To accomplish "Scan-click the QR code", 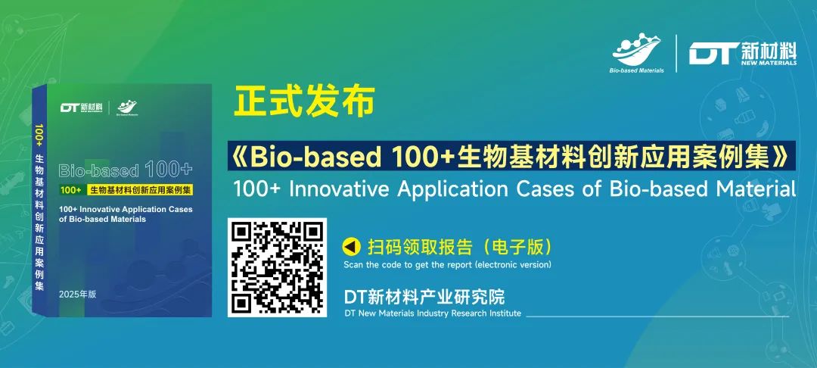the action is (277, 267).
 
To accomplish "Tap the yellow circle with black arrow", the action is (352, 245).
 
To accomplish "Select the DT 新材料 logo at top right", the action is (743, 54).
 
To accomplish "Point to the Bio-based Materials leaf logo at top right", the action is (637, 54).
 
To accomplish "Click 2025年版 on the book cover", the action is (78, 295).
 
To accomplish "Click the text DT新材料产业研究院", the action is (424, 297).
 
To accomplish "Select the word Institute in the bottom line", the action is (504, 313).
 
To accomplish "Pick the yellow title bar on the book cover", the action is (126, 190).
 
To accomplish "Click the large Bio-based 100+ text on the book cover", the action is (126, 170).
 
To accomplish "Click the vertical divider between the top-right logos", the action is (676, 54).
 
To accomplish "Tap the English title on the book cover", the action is (126, 214).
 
